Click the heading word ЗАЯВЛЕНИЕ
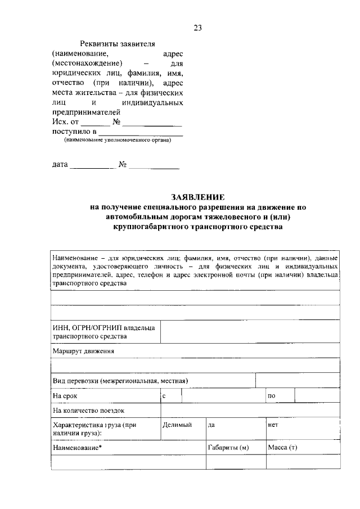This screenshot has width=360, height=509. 197,197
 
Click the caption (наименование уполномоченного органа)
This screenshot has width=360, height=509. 117,141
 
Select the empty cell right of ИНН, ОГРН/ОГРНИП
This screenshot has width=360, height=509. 250,332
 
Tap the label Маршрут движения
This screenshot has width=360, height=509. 83,351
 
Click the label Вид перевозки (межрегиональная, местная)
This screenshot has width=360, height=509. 120,381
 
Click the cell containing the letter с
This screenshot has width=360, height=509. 170,396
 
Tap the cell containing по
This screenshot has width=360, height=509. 280,396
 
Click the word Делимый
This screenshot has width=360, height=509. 177,426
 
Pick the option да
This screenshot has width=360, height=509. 212,426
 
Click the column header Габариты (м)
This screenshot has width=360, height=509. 228,447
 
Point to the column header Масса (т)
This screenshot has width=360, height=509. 282,447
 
